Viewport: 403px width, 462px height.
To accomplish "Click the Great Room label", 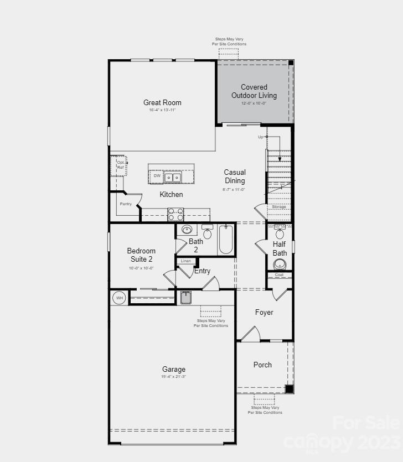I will pos(162,102).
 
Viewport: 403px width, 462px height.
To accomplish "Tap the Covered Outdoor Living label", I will pos(254,91).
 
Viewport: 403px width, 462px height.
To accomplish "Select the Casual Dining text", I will pos(234,177).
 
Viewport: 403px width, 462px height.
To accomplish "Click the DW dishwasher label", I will pos(157,176).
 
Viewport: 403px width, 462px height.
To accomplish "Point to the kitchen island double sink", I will pos(173,178).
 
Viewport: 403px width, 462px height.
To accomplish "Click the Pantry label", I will pos(126,204).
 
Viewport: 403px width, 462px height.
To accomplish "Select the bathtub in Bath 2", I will pos(225,239).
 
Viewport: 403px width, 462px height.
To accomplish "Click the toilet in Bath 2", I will pos(207,232).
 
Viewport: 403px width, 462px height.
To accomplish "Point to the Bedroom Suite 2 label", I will pos(141,255).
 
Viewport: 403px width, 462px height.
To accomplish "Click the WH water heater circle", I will pos(119,298).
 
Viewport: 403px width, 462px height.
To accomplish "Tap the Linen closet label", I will pos(185,261).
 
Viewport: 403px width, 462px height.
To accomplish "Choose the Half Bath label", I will pos(280,248).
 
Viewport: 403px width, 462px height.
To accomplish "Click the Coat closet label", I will pos(279,275).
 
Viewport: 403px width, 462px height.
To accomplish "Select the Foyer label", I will pos(264,313).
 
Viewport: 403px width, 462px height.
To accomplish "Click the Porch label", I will pos(262,365).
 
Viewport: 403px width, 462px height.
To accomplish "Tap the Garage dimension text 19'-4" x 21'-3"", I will pos(174,377).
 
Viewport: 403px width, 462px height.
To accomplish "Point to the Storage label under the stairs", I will pos(279,207).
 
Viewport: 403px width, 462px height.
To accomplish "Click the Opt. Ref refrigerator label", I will pos(120,164).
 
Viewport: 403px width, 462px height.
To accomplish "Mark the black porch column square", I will pos(289,389).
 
